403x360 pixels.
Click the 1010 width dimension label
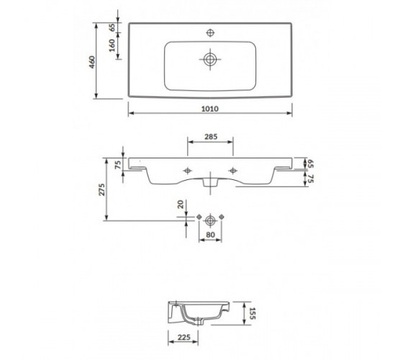point(209,109)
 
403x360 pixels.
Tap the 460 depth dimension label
point(92,62)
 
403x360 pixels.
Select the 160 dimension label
point(112,45)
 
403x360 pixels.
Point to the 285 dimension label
point(211,137)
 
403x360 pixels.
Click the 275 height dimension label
point(102,189)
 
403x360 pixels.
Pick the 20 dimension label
point(181,204)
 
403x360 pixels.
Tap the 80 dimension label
point(210,235)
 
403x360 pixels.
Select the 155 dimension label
point(252,313)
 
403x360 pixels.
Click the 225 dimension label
point(184,337)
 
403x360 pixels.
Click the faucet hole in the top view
point(210,32)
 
